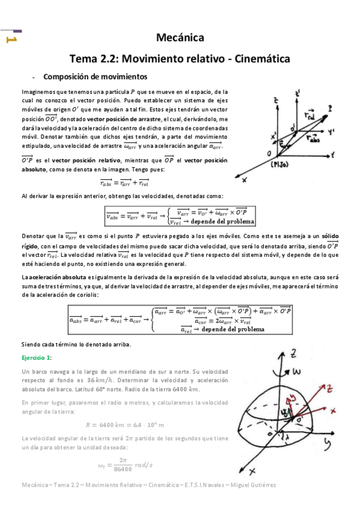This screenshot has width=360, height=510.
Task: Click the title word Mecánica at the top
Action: click(x=180, y=38)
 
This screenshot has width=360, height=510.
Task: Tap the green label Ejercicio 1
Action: click(x=37, y=357)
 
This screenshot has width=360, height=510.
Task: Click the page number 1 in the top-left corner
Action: click(x=10, y=39)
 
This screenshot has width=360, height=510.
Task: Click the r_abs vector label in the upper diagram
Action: click(x=313, y=138)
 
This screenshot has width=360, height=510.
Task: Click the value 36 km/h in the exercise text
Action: click(x=98, y=381)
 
